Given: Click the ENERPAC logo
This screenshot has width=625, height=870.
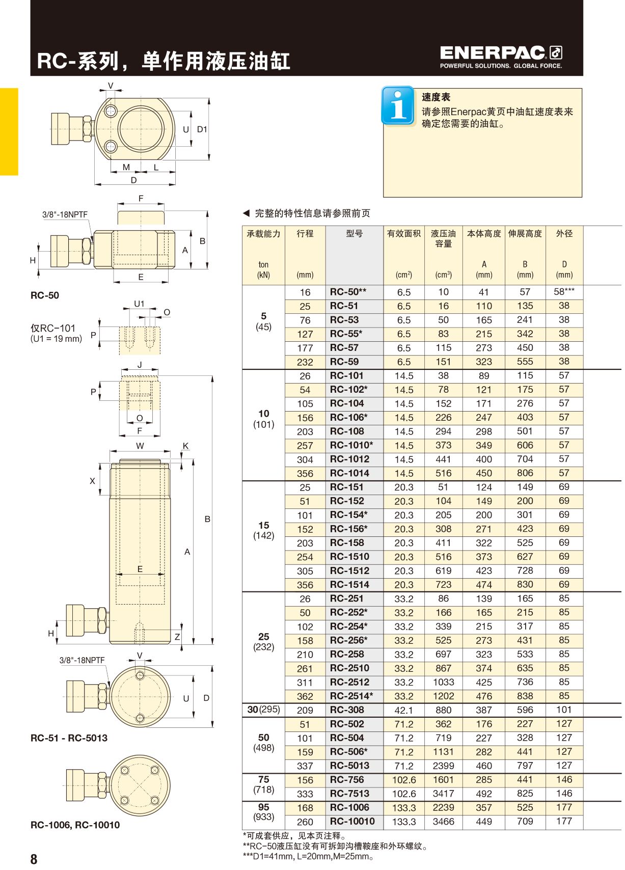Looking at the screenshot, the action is [x=501, y=57].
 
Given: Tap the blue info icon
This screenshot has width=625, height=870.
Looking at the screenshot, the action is [x=398, y=105].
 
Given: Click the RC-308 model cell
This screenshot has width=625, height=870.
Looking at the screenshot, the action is [x=347, y=710].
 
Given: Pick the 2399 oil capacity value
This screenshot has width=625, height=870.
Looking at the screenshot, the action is [x=443, y=766].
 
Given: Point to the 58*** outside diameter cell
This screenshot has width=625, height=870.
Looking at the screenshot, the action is [x=564, y=292].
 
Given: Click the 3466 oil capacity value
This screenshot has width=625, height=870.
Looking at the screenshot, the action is [x=443, y=822].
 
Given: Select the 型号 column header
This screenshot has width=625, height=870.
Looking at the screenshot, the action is [x=354, y=233].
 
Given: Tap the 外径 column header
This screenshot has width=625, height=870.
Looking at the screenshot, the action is [x=564, y=233].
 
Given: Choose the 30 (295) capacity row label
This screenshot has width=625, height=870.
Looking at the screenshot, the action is [x=263, y=709].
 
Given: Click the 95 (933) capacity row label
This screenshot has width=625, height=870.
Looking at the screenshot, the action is [x=263, y=812].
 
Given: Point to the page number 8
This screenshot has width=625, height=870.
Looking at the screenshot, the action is [x=34, y=859].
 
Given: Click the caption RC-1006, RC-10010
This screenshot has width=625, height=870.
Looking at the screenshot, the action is [x=75, y=825].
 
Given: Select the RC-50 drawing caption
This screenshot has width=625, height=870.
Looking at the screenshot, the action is [x=45, y=295].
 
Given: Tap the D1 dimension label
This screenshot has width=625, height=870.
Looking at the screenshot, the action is [x=202, y=129].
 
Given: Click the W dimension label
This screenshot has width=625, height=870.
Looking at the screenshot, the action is [x=140, y=446].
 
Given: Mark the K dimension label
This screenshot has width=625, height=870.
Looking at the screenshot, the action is [x=186, y=446].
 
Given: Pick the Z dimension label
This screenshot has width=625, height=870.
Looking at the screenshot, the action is [x=177, y=637].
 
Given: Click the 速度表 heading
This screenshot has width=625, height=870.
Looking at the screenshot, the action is [x=436, y=97].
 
